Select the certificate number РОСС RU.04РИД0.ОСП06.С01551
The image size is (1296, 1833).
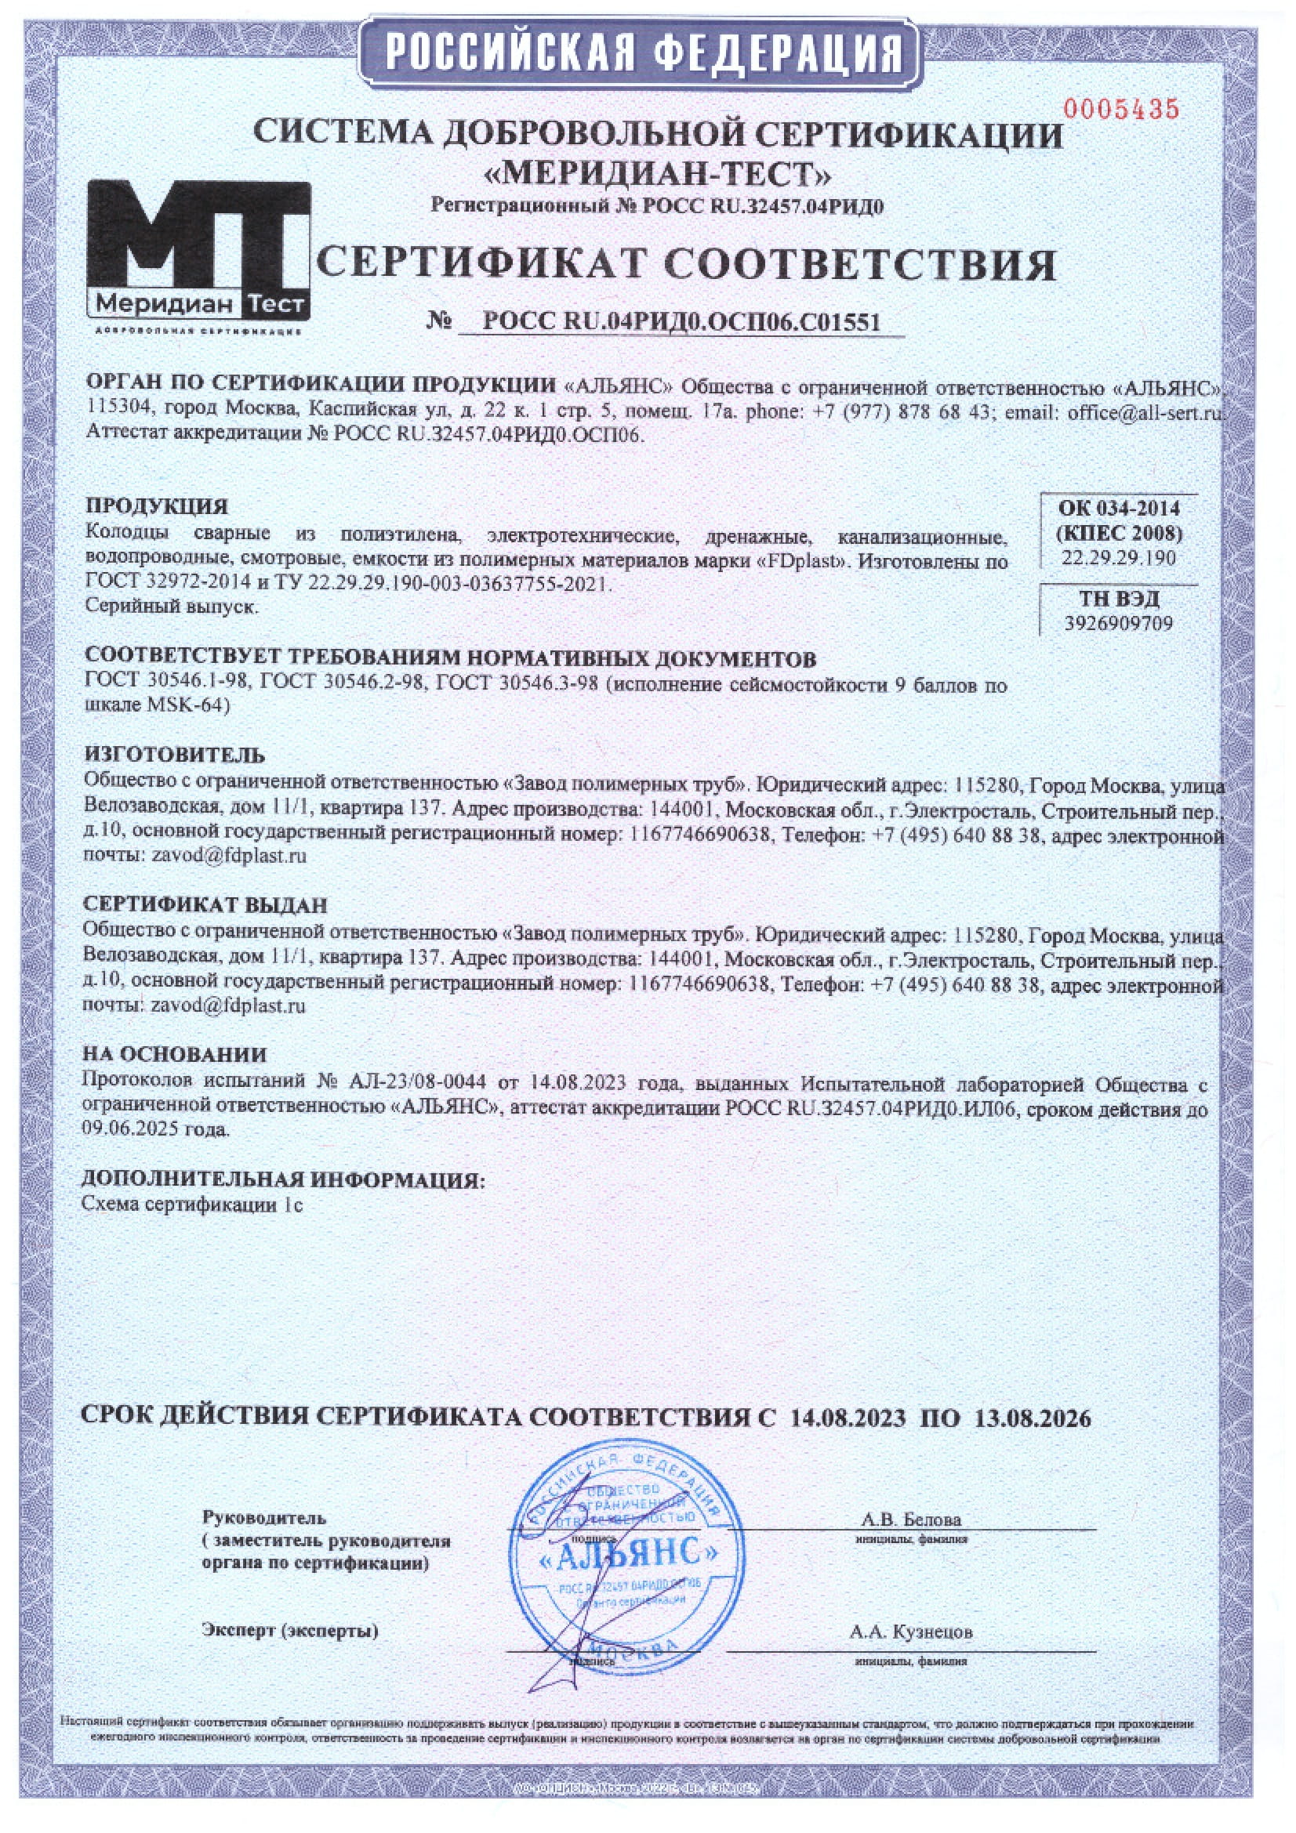(681, 322)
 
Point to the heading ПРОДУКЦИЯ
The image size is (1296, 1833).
(157, 506)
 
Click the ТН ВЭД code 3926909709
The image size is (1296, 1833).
(1118, 623)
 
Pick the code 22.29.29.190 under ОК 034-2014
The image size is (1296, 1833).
(1118, 558)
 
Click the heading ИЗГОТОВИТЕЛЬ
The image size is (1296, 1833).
(175, 755)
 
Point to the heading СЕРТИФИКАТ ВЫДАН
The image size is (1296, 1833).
(205, 904)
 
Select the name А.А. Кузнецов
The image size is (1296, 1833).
(911, 1632)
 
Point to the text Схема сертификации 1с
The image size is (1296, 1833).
(192, 1204)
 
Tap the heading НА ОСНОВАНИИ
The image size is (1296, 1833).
(174, 1055)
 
